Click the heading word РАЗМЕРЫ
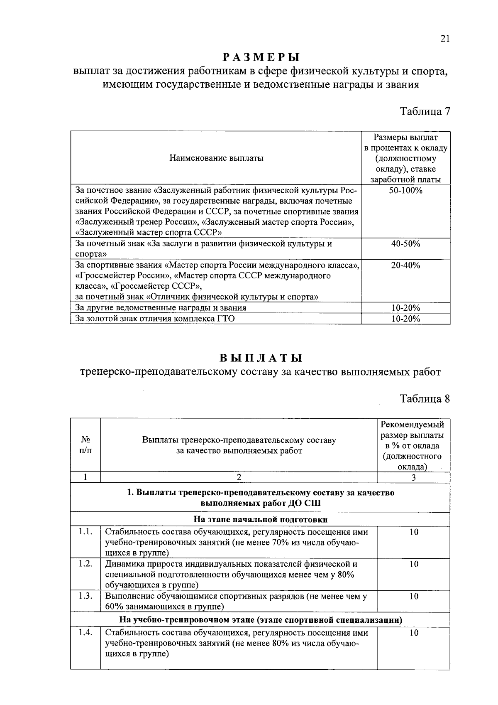260,57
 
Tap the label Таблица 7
425,111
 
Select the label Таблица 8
425,398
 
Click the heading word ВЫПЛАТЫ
260,358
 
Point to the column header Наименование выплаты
216,158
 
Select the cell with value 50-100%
405,191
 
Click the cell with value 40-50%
405,244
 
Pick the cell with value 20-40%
405,265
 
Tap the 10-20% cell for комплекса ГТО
405,319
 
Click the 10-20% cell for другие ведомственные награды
405,308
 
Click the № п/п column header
85,445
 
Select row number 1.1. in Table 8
85,532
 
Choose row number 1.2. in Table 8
85,564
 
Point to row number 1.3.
85,596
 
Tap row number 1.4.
85,633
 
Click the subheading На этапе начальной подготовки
260,519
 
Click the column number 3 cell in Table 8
413,477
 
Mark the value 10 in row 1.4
413,633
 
